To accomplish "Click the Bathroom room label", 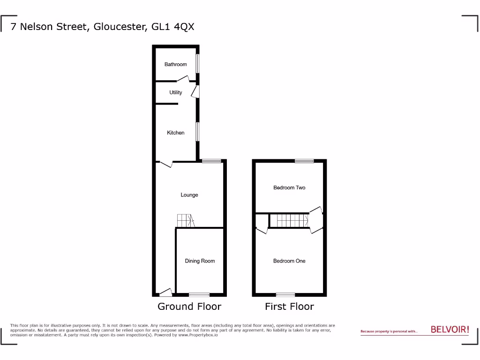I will pyautogui.click(x=175, y=64).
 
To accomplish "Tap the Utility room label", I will pyautogui.click(x=176, y=92).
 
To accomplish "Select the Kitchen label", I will pyautogui.click(x=176, y=133).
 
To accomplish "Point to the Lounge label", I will pyautogui.click(x=189, y=195).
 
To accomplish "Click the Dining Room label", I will pyautogui.click(x=200, y=261).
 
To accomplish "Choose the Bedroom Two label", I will pyautogui.click(x=289, y=187).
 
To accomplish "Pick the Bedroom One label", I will pyautogui.click(x=289, y=261).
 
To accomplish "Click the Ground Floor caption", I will pyautogui.click(x=189, y=307).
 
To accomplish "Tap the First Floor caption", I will pyautogui.click(x=289, y=307).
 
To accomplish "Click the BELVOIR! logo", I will pyautogui.click(x=450, y=330).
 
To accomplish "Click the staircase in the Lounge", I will pyautogui.click(x=185, y=221).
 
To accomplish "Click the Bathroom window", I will pyautogui.click(x=198, y=64).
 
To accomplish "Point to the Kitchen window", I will pyautogui.click(x=198, y=132).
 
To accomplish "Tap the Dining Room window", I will pyautogui.click(x=199, y=294).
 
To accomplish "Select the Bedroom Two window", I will pyautogui.click(x=304, y=161).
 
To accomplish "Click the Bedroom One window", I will pyautogui.click(x=285, y=294).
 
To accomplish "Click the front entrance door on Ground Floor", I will pyautogui.click(x=165, y=293).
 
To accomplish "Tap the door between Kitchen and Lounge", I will pyautogui.click(x=166, y=164).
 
